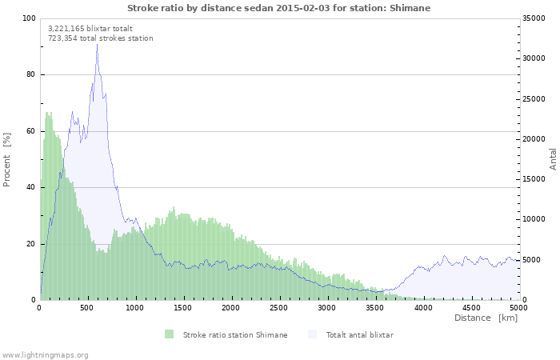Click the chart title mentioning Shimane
coord(278,7)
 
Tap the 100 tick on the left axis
coord(30,18)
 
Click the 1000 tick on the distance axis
coord(135,307)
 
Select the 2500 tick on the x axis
coord(278,307)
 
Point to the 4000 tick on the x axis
coord(422,307)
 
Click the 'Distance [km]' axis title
coord(486,318)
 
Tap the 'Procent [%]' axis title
coord(7,159)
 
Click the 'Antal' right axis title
coord(553,159)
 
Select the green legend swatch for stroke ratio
coord(170,334)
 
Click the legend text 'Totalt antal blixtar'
coord(359,334)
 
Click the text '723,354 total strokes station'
coord(100,38)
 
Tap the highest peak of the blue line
coord(97,45)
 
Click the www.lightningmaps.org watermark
coord(45,354)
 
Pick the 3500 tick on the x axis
coord(374,307)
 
